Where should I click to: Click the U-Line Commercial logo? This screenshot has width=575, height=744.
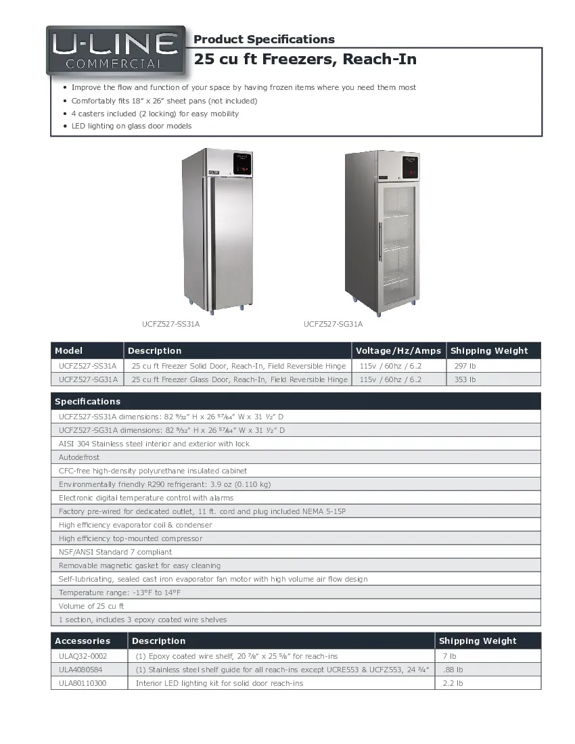click(x=116, y=51)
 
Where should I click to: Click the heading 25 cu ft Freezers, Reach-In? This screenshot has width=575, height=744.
click(x=305, y=60)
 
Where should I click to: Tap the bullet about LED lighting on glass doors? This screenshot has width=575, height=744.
click(x=131, y=126)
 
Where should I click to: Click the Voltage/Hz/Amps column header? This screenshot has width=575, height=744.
click(x=398, y=350)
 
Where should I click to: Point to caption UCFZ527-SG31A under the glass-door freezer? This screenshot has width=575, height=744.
click(x=333, y=324)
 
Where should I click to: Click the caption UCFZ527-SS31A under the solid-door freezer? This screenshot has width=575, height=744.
click(x=170, y=324)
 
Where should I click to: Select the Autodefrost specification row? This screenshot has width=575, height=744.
click(x=79, y=457)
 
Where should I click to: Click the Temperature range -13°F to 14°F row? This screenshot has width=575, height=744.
click(x=120, y=592)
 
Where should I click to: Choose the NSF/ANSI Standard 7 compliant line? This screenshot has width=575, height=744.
click(x=115, y=552)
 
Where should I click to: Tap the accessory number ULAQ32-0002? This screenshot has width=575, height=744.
click(x=83, y=656)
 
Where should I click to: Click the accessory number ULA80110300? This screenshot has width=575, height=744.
click(x=83, y=683)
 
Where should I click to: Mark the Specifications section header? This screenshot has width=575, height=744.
click(x=87, y=401)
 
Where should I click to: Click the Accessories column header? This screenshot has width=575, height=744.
click(x=82, y=641)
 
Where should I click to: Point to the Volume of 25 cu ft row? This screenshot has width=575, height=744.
click(x=91, y=606)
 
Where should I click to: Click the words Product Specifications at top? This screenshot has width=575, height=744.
click(x=264, y=39)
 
